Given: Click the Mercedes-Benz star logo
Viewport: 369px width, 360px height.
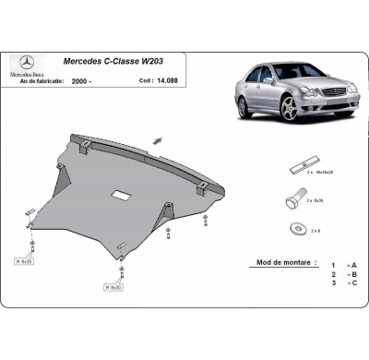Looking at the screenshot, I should [26, 62].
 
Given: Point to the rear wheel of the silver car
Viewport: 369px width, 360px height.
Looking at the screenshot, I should [244, 105].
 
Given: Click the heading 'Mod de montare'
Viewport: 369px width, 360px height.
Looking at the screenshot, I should [278, 262].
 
